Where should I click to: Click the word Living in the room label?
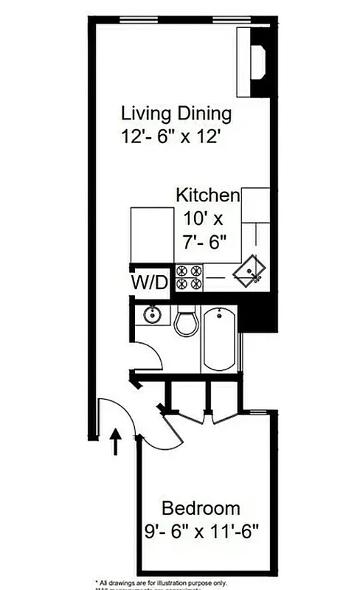pos(146,114)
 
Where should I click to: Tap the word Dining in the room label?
pos(203,114)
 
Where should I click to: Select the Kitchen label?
pos(207,196)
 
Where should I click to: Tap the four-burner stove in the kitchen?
pos(189,277)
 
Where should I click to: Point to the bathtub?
pos(218,339)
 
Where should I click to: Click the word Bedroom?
pos(201,508)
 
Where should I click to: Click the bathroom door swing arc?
pos(152,361)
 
